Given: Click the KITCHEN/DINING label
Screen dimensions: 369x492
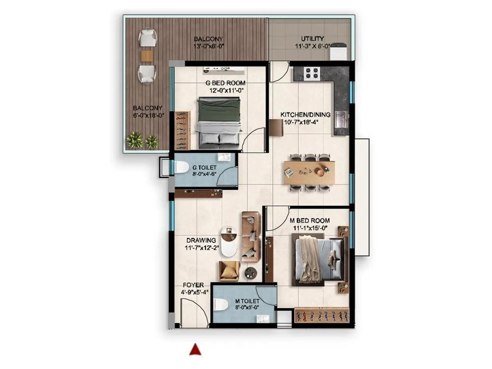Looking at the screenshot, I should (299, 114).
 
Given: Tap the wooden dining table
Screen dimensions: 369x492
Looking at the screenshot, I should (310, 173).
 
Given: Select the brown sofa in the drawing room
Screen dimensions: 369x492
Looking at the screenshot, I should (251, 237).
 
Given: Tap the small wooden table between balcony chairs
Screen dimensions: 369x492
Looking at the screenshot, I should (147, 55).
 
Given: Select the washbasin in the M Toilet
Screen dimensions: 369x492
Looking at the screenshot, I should (262, 319).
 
